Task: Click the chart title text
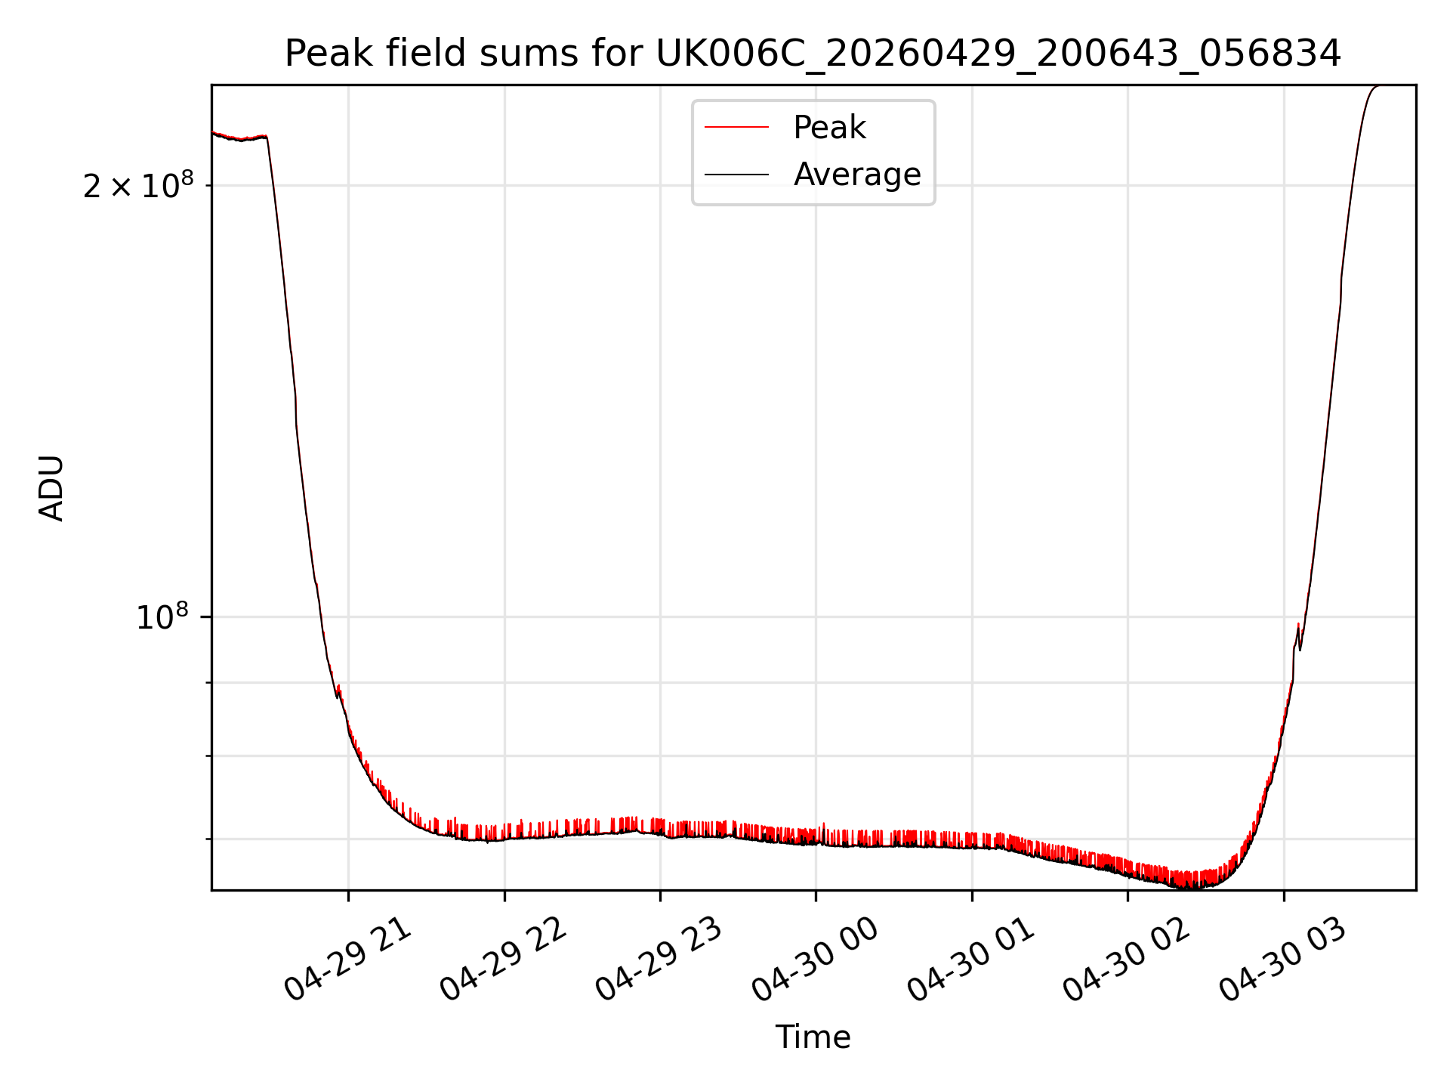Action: click(x=813, y=54)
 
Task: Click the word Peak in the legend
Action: click(x=829, y=128)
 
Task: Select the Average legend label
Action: click(x=857, y=175)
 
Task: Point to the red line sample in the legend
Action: click(x=736, y=128)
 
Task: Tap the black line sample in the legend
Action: click(x=736, y=175)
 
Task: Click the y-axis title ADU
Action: click(x=51, y=488)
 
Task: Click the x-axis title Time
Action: click(x=813, y=1037)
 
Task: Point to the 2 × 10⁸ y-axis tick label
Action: click(x=138, y=184)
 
